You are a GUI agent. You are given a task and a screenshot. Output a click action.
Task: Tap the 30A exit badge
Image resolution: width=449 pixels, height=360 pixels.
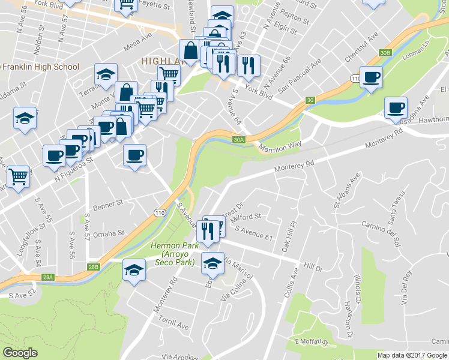coord(239,140)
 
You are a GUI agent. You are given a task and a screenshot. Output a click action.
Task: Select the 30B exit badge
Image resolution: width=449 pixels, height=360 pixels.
coord(385,53)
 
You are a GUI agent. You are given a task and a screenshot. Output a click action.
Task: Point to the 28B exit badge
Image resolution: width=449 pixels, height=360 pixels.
coord(93,267)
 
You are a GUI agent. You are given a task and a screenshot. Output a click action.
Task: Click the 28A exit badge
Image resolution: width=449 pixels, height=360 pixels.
coord(47,277)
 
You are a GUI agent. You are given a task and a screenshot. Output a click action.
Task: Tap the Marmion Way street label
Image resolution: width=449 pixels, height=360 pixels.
coord(280,146)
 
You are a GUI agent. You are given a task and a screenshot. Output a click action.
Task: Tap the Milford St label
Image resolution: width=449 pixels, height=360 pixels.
coord(246,217)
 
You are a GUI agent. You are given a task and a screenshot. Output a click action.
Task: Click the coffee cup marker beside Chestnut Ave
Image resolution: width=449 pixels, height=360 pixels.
coord(372,77)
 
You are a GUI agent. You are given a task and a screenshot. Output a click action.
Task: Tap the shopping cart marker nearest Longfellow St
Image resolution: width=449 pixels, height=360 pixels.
coord(18,177)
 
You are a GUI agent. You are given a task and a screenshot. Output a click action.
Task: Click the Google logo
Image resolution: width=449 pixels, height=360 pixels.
coord(20,353)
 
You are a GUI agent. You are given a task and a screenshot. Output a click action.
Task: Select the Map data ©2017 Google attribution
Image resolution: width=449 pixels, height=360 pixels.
coord(412,355)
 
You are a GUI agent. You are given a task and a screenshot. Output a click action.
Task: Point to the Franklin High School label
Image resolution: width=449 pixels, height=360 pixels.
coord(41,67)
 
